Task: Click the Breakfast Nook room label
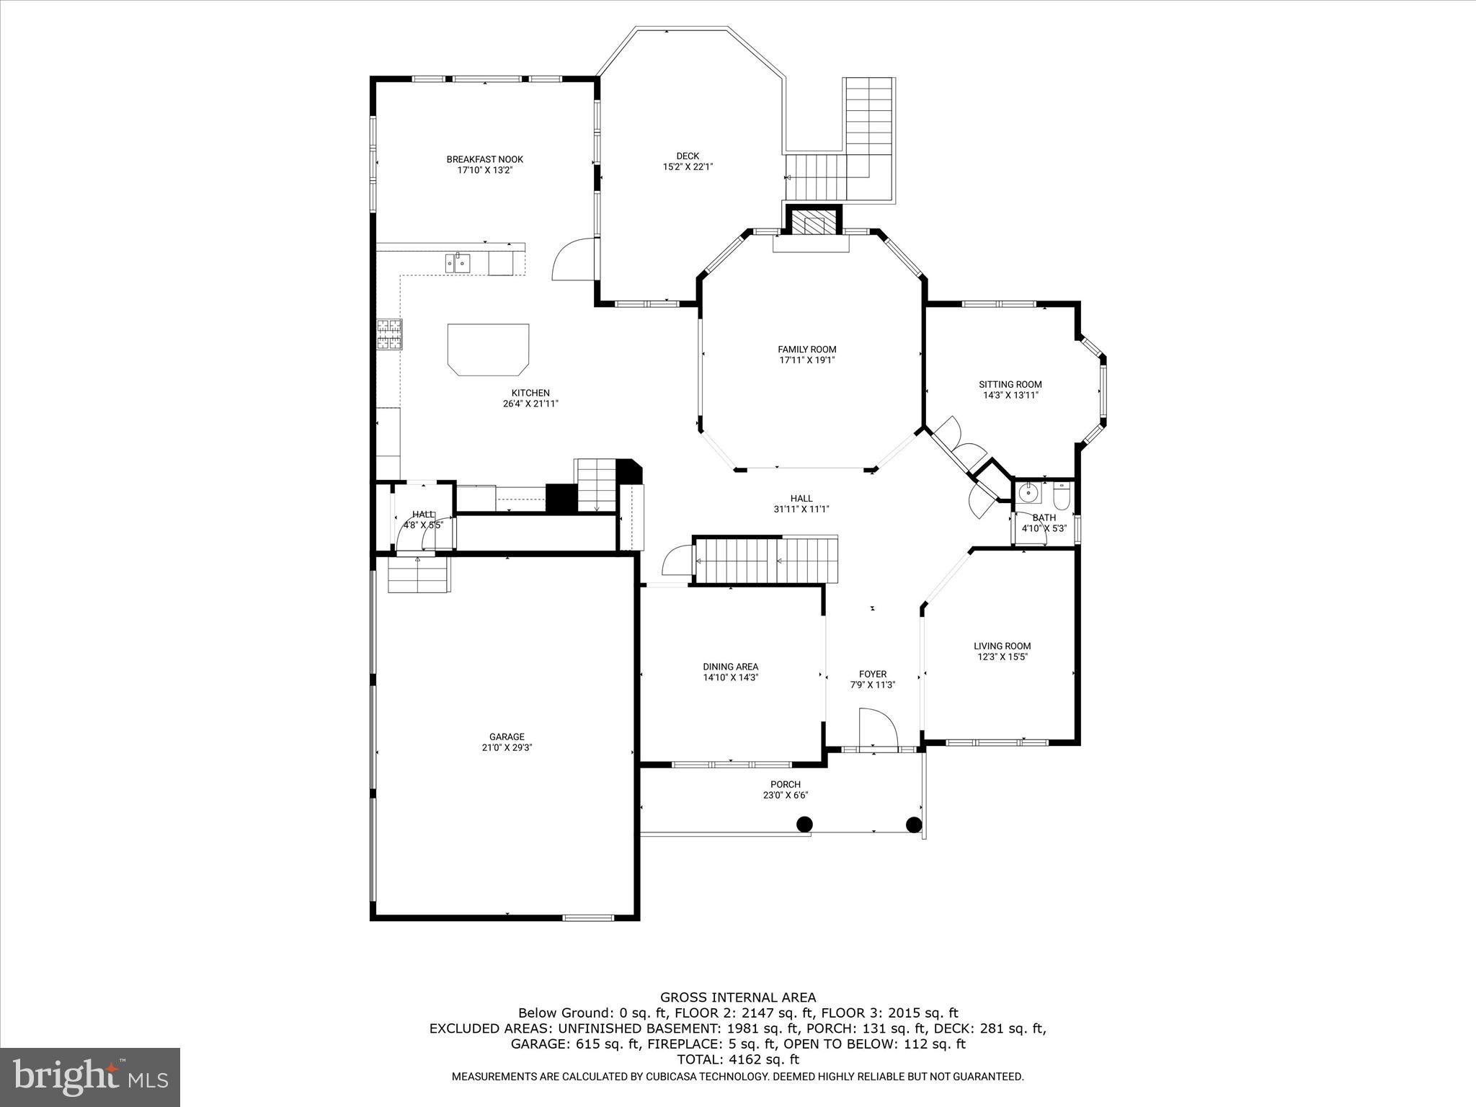(484, 159)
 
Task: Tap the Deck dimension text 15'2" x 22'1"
(688, 167)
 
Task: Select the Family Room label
(806, 350)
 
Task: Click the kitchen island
(489, 348)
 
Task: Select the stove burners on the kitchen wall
(390, 334)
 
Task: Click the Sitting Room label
(1010, 384)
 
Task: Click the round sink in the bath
(1029, 493)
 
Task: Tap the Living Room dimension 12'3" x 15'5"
(1002, 657)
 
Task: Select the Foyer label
(872, 675)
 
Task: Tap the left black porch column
(804, 824)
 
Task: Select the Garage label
(507, 737)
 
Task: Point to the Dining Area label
(730, 667)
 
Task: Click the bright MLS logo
(90, 1077)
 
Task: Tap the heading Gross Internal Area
(738, 997)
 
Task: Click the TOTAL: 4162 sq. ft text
(738, 1059)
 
